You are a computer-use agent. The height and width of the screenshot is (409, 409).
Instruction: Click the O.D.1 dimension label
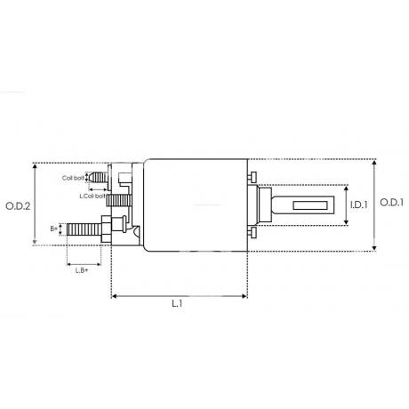(391, 203)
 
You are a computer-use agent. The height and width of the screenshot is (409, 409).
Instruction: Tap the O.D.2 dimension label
(18, 206)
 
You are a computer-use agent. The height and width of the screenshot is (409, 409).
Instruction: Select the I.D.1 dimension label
(359, 204)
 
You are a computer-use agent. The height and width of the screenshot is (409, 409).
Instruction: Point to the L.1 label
(177, 303)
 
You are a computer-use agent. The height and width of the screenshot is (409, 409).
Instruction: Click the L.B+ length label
(82, 270)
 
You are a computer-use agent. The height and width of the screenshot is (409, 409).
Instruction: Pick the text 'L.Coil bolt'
(92, 196)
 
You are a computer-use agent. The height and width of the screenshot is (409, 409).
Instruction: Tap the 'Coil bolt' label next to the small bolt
(73, 178)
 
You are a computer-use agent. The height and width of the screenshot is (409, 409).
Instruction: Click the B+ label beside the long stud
(54, 229)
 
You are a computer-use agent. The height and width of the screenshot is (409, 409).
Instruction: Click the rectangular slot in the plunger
(311, 205)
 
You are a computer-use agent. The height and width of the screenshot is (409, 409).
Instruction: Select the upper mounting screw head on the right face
(253, 177)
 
